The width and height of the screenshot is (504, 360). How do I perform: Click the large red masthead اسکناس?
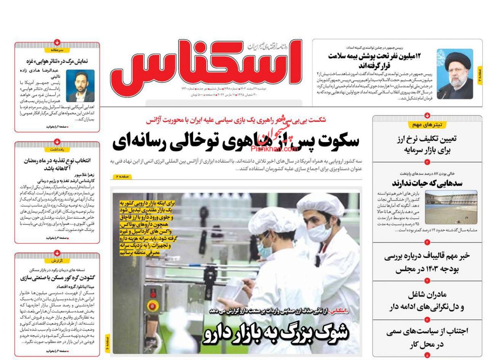point(206,63)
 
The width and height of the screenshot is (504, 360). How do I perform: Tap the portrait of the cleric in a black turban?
point(455,74)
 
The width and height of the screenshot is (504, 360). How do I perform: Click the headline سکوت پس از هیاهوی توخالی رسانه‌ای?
point(236,141)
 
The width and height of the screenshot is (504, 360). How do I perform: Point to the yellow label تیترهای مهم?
point(427,125)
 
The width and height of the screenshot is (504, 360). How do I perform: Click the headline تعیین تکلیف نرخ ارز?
point(427,144)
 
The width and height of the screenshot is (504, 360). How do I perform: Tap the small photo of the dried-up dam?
point(451,207)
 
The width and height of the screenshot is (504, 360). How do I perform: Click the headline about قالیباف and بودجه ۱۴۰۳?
point(427,262)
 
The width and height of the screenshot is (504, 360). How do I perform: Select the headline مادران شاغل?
point(427,300)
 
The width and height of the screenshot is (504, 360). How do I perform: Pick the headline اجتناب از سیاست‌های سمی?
point(427,338)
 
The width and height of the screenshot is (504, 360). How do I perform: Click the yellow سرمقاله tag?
point(57,50)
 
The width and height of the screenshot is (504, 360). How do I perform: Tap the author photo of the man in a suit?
point(80,86)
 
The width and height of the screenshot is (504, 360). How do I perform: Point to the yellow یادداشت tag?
point(57,149)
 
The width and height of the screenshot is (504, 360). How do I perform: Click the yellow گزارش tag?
point(57,261)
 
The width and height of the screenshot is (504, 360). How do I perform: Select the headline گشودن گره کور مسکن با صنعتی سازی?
point(57,278)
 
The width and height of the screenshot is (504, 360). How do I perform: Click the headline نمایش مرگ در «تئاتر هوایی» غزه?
point(57,62)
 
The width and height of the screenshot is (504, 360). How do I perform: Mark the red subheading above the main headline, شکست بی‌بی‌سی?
point(236,120)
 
